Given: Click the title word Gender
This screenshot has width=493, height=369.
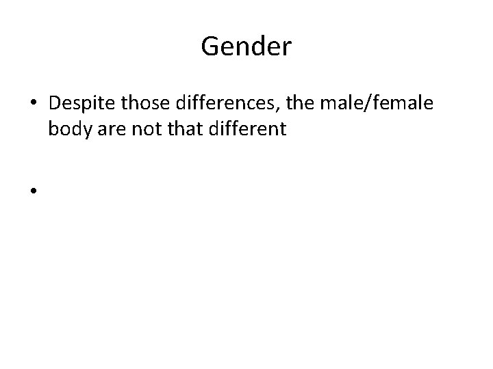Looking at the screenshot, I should [246, 46].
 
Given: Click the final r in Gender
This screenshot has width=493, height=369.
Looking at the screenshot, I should [288, 48].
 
